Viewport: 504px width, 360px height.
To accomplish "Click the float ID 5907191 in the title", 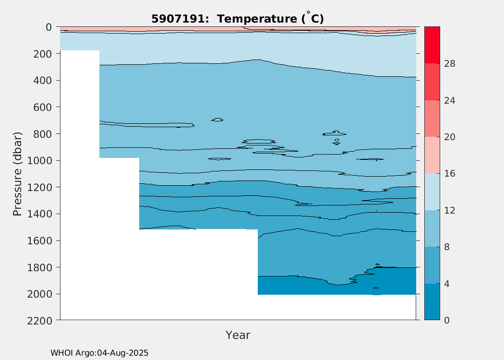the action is pos(178,19).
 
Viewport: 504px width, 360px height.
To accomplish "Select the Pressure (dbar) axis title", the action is pos(17,174).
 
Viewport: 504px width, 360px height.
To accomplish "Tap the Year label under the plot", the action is pos(238,335).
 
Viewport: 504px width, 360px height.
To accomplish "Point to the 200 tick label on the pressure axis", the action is pos(42,54).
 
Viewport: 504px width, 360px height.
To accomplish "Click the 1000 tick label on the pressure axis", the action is pos(39,160).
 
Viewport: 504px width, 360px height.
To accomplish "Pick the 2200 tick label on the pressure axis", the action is pos(39,321).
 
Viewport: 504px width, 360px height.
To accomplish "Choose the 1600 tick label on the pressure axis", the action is pos(39,240).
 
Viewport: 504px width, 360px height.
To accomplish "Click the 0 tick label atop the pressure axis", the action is pos(49,27).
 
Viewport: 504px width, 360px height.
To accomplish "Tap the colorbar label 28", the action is pos(450,64).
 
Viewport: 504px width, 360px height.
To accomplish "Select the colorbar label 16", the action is pos(450,174).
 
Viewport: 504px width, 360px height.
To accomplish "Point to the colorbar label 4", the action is pos(447,284).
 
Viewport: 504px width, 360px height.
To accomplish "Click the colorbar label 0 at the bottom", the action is pos(447,320).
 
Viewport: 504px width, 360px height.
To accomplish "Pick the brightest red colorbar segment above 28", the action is pos(432,45).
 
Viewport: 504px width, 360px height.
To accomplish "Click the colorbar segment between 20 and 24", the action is pos(432,119).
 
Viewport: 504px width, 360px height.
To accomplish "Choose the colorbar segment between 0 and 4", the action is pos(432,302).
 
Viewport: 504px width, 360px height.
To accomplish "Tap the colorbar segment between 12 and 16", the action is pos(432,192).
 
